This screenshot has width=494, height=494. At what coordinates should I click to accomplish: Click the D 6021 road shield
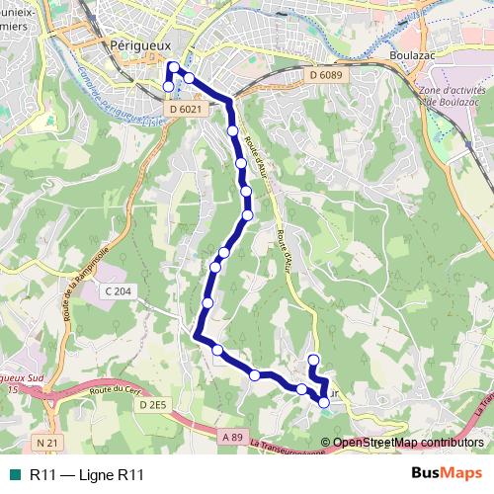coord(185,109)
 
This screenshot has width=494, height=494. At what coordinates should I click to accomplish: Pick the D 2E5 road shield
coord(154,405)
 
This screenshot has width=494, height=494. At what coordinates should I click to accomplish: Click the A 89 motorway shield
coord(232,437)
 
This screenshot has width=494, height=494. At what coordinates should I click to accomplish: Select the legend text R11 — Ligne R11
coord(87,474)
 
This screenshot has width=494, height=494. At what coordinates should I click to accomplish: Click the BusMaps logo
coord(446,474)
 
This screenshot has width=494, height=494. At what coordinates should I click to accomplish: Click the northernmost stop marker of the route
coord(173,67)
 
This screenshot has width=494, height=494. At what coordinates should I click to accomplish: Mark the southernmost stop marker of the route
coord(324,402)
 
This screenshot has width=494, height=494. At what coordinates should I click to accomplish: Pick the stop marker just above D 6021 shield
coord(168,87)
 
